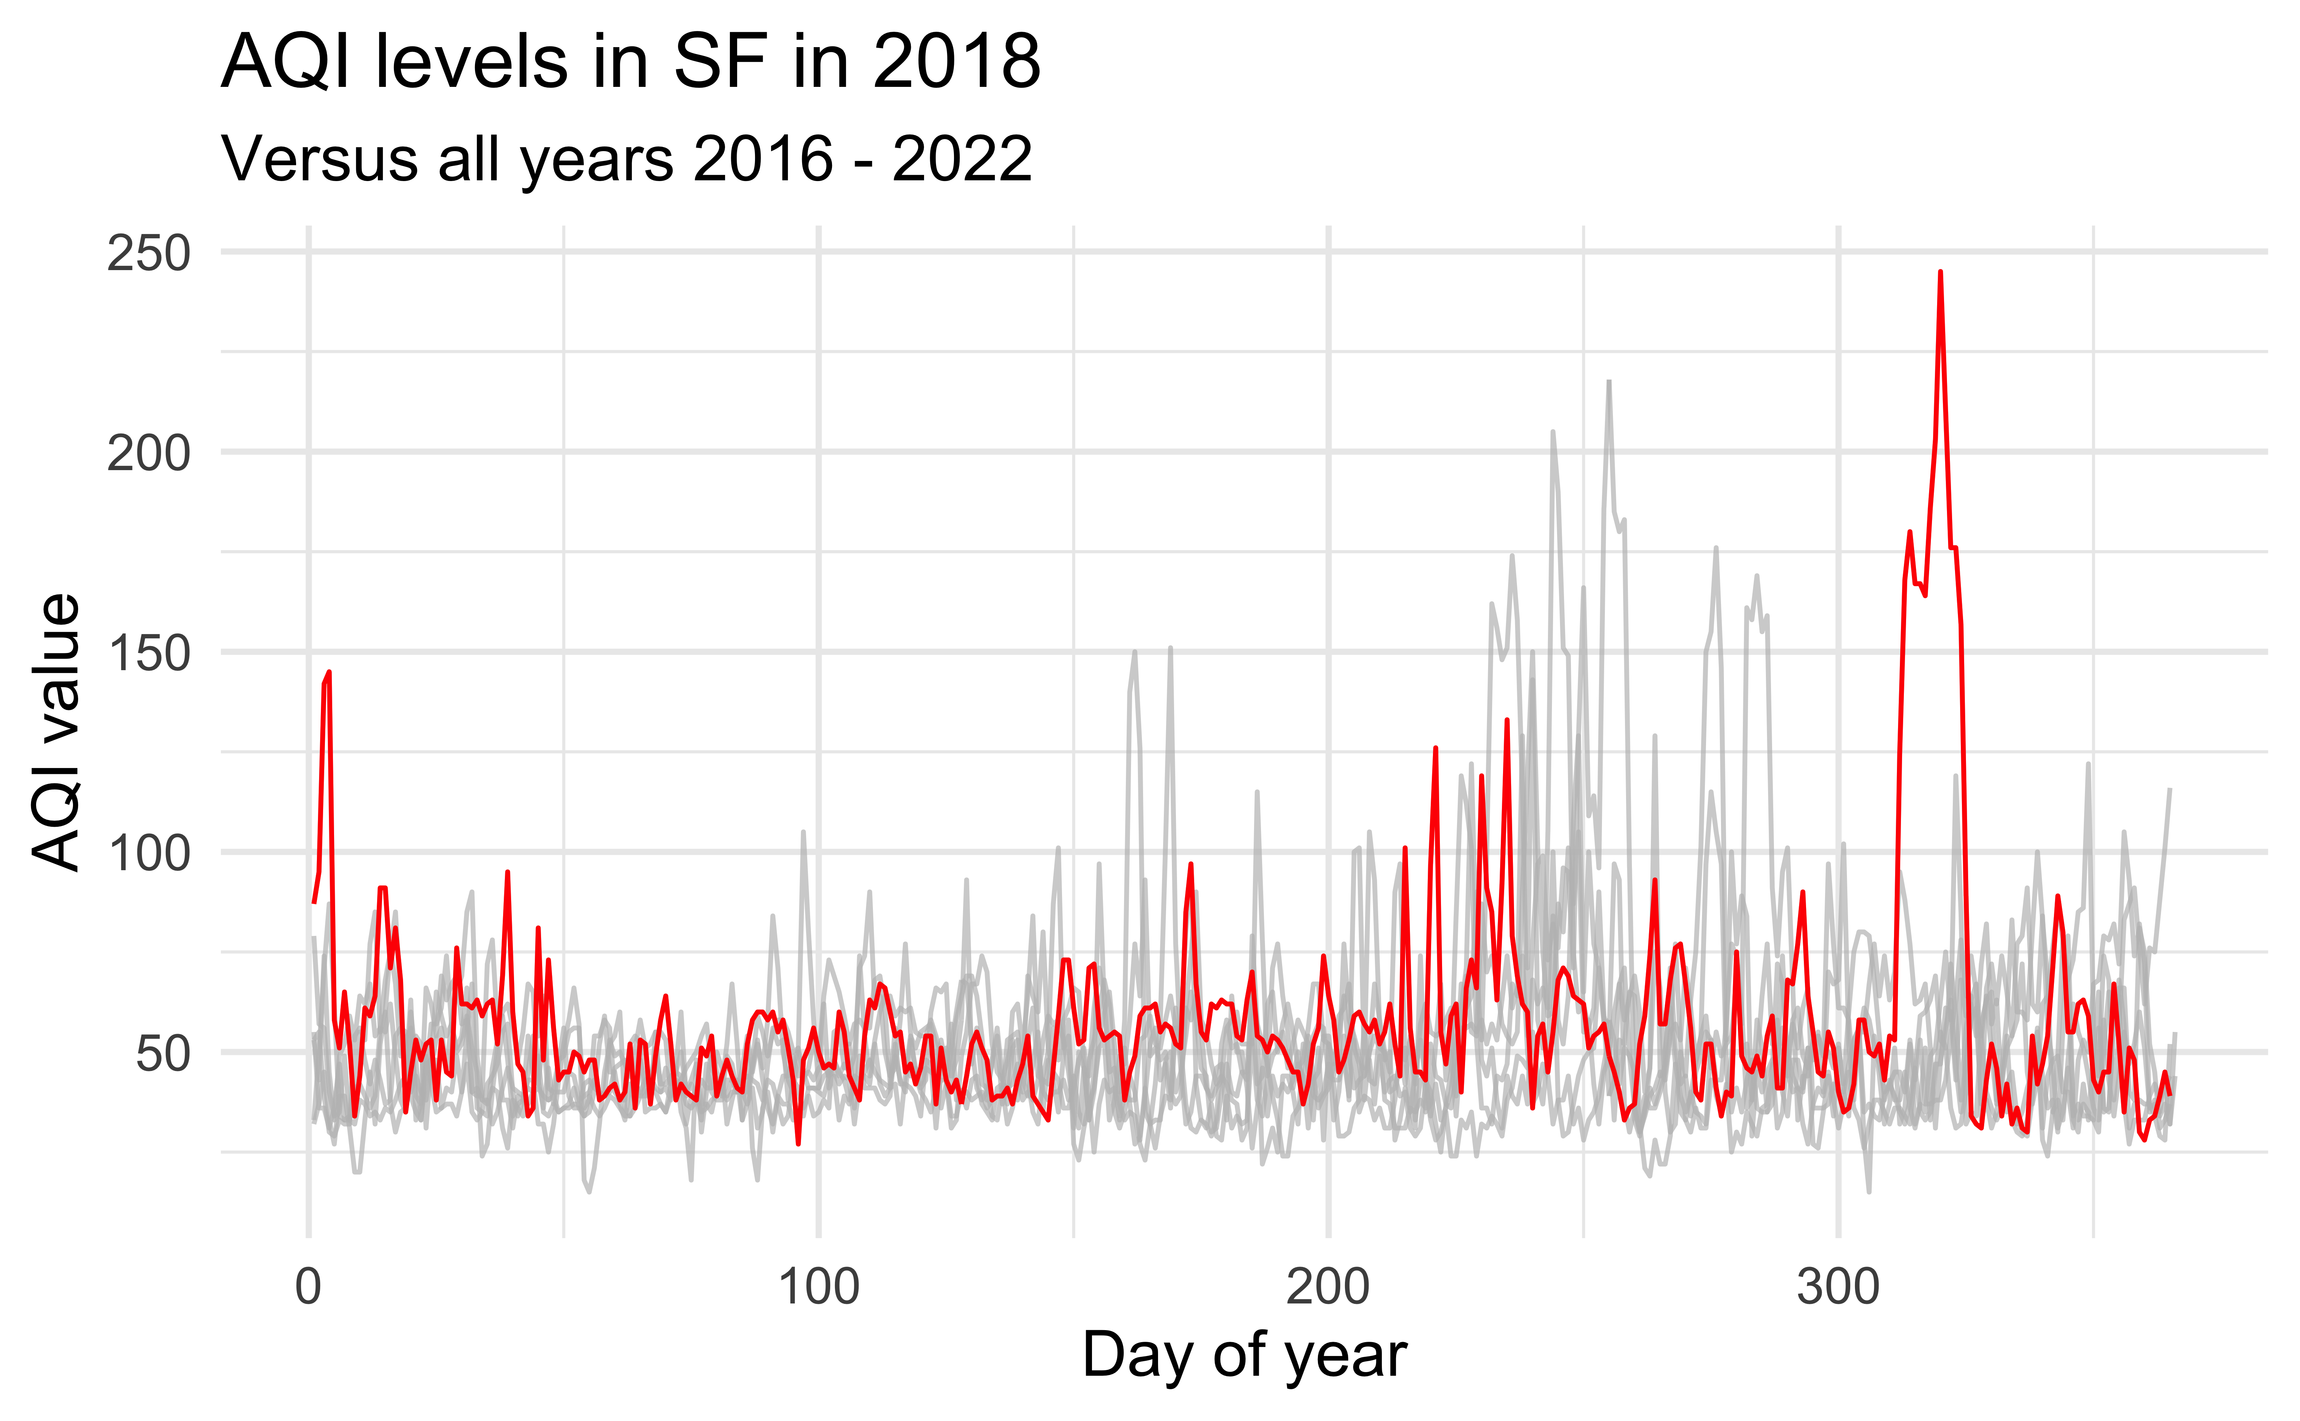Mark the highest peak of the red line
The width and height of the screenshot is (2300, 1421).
pos(1940,273)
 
